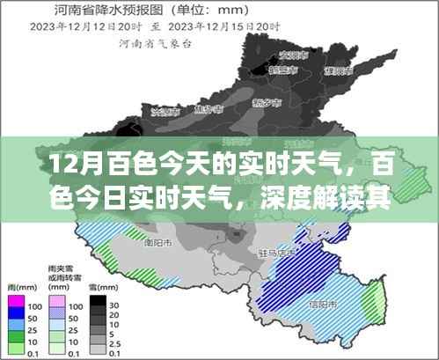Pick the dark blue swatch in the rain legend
point(17,318)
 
